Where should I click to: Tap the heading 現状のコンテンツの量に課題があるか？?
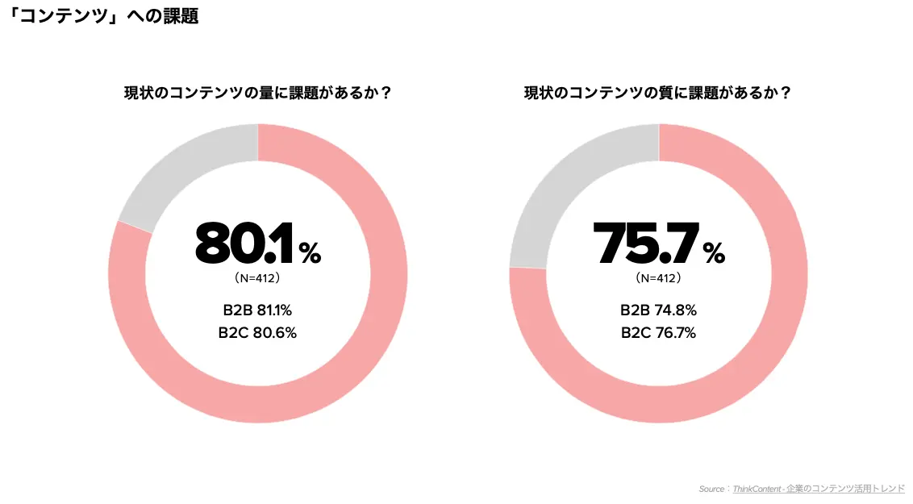click(x=258, y=93)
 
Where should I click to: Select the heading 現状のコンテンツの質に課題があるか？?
click(x=658, y=93)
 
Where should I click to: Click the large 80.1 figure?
click(x=244, y=243)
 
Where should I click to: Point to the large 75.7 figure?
click(x=645, y=243)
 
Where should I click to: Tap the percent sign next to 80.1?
click(x=310, y=253)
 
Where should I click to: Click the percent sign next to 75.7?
click(x=714, y=253)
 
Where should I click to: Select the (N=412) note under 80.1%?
click(x=257, y=278)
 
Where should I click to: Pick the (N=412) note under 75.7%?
click(x=659, y=278)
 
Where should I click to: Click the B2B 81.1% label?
click(x=257, y=310)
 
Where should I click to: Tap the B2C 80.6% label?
click(x=257, y=333)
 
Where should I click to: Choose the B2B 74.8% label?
click(x=659, y=310)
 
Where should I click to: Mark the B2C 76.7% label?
click(x=659, y=333)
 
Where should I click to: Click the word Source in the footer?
click(x=711, y=489)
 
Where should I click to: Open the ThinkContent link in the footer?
click(x=757, y=489)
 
